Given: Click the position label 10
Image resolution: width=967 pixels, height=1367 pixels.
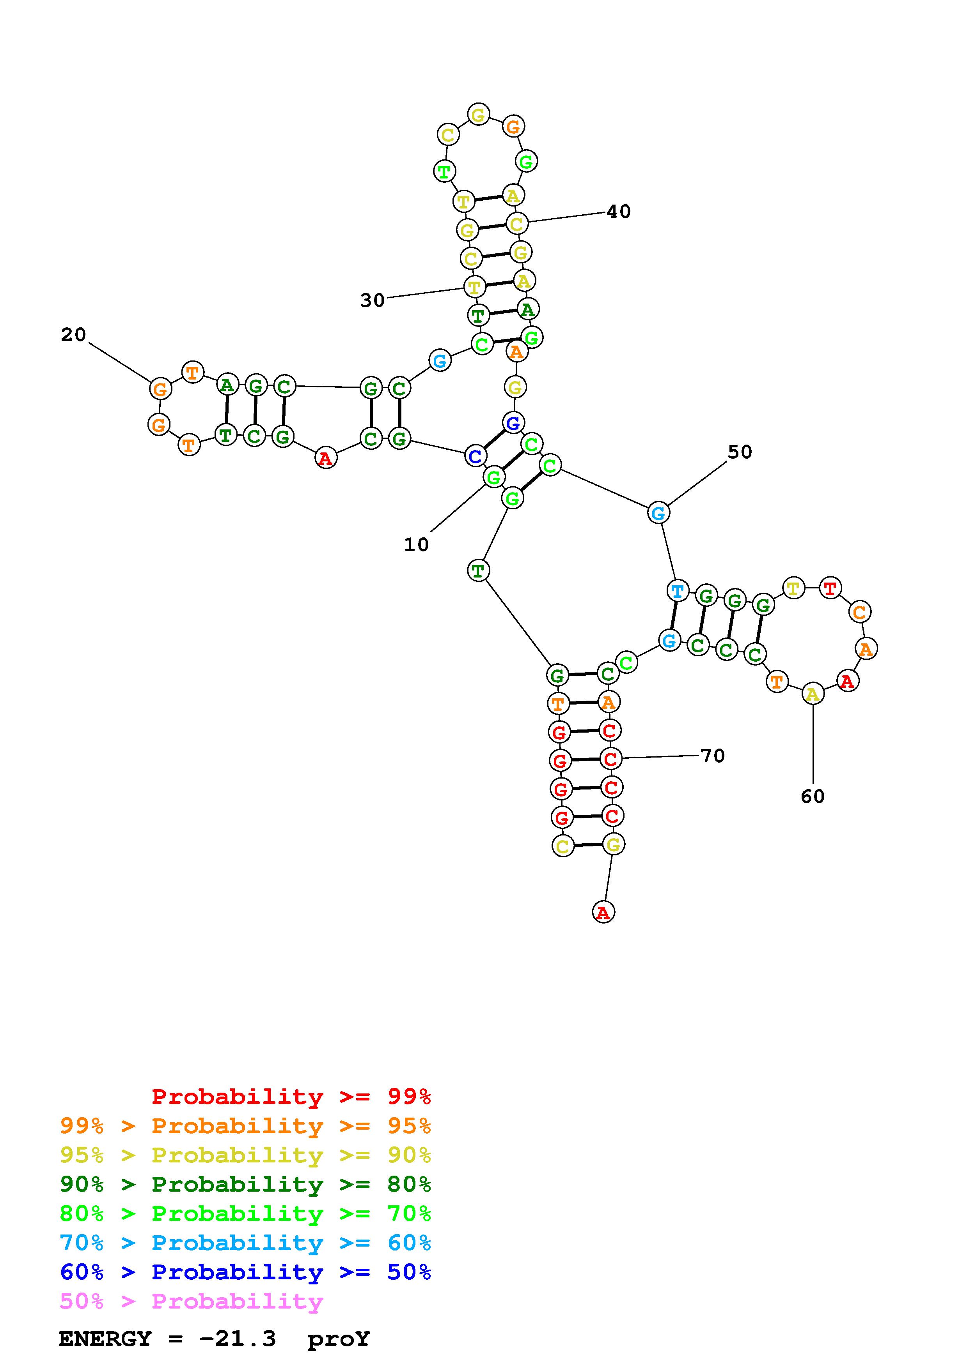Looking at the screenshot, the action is tap(416, 544).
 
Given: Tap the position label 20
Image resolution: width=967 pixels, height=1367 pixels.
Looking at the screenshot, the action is tap(73, 335).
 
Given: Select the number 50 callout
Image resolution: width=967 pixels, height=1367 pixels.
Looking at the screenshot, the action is tap(740, 452).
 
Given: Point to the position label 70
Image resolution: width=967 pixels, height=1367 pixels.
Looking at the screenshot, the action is tap(713, 756).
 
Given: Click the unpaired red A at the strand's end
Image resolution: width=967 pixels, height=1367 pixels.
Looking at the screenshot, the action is tap(603, 912).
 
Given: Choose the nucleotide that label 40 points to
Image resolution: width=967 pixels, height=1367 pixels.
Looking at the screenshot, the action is tap(516, 224).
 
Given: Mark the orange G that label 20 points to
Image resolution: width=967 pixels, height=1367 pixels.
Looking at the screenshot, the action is tap(160, 389).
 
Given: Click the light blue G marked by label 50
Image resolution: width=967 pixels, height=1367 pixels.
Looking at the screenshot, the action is tap(658, 513).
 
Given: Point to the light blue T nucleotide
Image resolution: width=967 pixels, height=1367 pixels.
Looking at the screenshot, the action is tap(678, 591).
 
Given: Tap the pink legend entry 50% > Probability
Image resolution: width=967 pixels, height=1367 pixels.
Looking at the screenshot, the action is tap(191, 1301).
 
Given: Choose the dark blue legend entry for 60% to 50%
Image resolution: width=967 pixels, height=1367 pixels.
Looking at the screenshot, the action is tap(245, 1272).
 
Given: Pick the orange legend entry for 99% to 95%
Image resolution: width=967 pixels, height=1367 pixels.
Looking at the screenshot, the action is tap(245, 1126).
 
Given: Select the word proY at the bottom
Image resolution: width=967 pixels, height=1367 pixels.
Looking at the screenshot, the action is tap(339, 1339).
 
